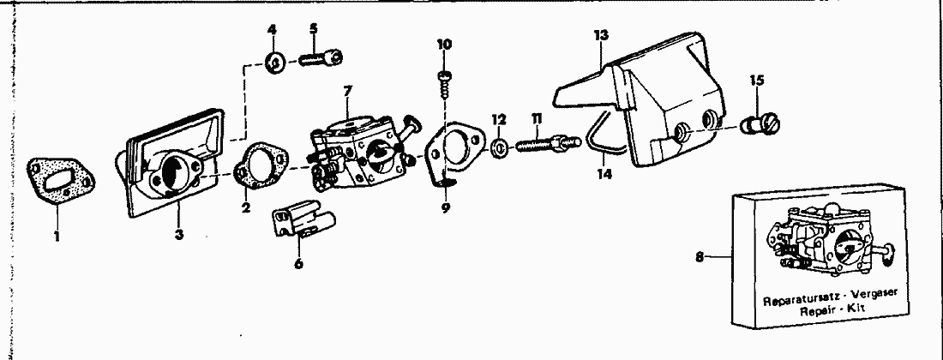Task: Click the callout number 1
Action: pos(57,237)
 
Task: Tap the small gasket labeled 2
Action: pos(261,166)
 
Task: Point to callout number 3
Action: pos(178,234)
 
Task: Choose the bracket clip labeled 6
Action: pos(303,219)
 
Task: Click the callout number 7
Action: pos(347,92)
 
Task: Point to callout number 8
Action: pos(700,257)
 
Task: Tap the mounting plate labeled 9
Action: pos(454,152)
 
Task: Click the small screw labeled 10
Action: pos(445,81)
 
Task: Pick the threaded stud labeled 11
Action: pos(548,145)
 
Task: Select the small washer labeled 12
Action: pos(498,147)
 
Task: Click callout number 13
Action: pos(601,35)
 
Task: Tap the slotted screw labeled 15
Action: pos(765,126)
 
